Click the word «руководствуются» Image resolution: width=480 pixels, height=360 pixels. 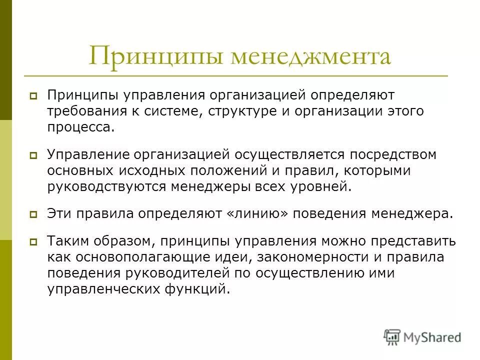[107, 187]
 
